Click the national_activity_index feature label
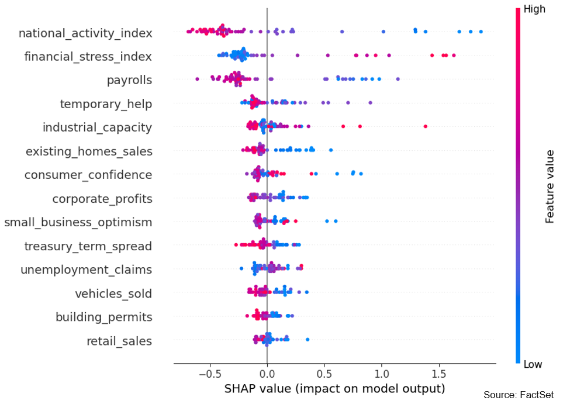pos(85,33)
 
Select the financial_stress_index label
pos(88,57)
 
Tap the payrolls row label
pos(129,80)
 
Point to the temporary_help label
pos(106,104)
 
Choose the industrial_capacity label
pos(97,127)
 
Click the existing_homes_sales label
pos(89,151)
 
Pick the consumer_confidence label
pos(88,175)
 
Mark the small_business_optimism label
pos(78,222)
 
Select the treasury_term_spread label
pos(88,246)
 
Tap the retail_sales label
pos(119,341)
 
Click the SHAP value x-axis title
pos(334,388)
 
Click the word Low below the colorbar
pos(533,364)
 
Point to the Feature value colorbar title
pos(550,187)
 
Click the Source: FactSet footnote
pos(518,395)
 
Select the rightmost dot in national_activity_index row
pos(481,32)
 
